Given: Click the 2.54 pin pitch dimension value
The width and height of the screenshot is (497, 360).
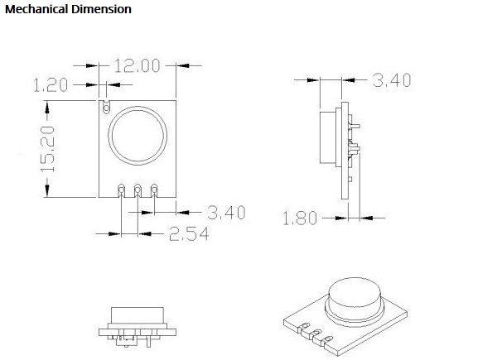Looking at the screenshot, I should coord(188,234).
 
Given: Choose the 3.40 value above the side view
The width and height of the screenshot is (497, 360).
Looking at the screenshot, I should coord(392,80).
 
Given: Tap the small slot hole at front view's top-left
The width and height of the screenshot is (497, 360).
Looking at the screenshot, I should coord(106,106).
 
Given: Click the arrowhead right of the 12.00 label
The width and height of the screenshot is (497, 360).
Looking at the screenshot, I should coord(183,64).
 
